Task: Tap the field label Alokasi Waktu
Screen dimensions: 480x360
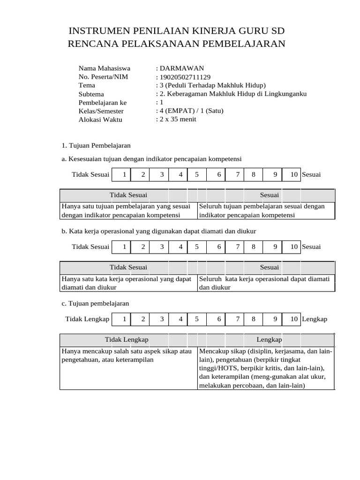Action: point(100,120)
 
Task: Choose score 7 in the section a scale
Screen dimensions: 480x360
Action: point(238,175)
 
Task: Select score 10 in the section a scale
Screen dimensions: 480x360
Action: point(294,175)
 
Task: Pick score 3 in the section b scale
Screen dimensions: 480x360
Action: point(162,247)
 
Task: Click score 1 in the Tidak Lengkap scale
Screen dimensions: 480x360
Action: point(124,319)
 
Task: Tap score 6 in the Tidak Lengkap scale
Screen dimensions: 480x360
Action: point(219,319)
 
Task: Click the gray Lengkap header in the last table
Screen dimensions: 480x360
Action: point(269,339)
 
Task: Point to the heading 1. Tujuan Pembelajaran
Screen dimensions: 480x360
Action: point(96,146)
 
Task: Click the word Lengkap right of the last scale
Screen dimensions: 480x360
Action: point(315,319)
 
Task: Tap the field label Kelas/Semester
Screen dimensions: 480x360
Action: point(101,111)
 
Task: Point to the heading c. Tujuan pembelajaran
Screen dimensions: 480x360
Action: point(95,304)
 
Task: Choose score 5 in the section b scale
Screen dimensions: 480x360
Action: point(197,247)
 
